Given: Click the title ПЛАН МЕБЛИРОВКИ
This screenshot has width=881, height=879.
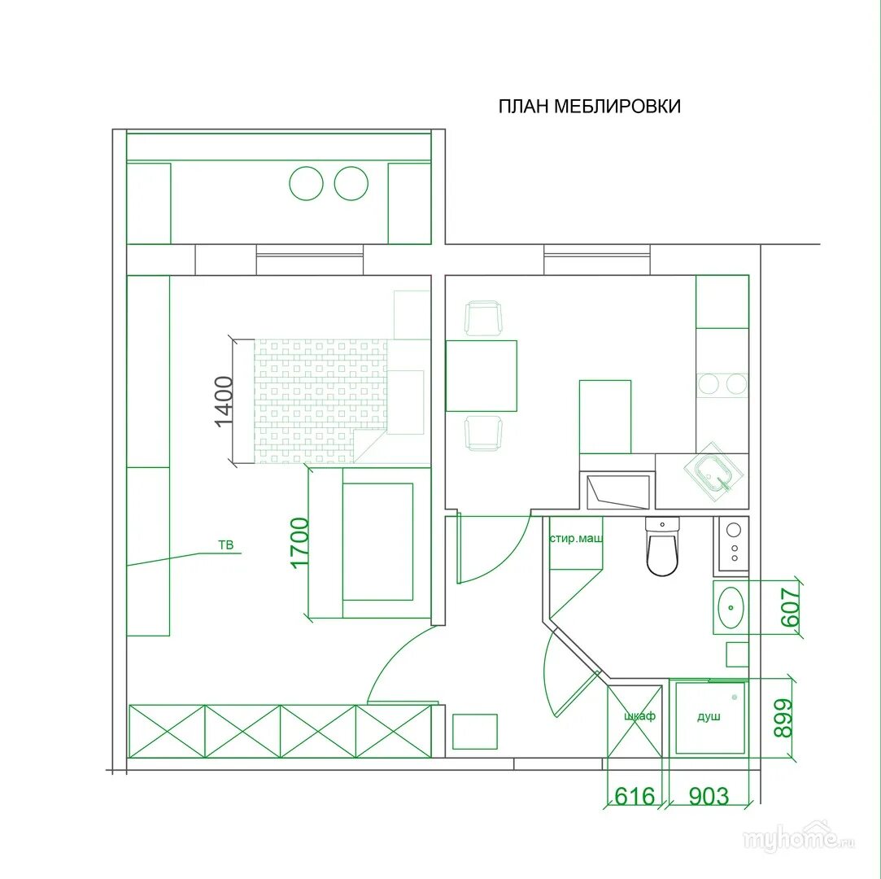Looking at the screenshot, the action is pyautogui.click(x=590, y=106).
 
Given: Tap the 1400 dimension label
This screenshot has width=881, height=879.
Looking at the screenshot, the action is pyautogui.click(x=224, y=401).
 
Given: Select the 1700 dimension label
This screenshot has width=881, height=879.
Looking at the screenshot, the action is pyautogui.click(x=299, y=543).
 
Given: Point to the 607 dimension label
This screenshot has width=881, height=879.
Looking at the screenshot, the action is pyautogui.click(x=790, y=607).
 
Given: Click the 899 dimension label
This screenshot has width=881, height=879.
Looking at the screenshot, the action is pyautogui.click(x=783, y=718).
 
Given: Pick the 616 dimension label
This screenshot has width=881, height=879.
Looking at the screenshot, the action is pyautogui.click(x=635, y=796).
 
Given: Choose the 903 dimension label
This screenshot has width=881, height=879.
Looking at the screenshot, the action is pyautogui.click(x=709, y=796).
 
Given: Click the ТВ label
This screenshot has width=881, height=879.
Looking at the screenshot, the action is pyautogui.click(x=225, y=544).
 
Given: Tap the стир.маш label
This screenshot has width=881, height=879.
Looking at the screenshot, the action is pyautogui.click(x=576, y=539).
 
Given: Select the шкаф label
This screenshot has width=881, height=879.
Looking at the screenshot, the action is pyautogui.click(x=639, y=716).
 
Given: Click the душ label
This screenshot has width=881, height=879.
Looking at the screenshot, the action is pyautogui.click(x=709, y=716).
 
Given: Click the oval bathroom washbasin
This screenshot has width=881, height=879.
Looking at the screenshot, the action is pyautogui.click(x=731, y=607).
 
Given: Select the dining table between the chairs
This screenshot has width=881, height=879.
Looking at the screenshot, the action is pyautogui.click(x=482, y=375).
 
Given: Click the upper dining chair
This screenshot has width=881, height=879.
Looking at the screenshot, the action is pyautogui.click(x=482, y=319).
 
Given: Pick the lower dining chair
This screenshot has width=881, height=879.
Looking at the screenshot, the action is pyautogui.click(x=482, y=433).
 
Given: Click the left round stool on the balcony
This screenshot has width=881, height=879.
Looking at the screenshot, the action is pyautogui.click(x=306, y=183).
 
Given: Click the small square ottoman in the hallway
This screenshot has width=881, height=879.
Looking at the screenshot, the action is pyautogui.click(x=475, y=732).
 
